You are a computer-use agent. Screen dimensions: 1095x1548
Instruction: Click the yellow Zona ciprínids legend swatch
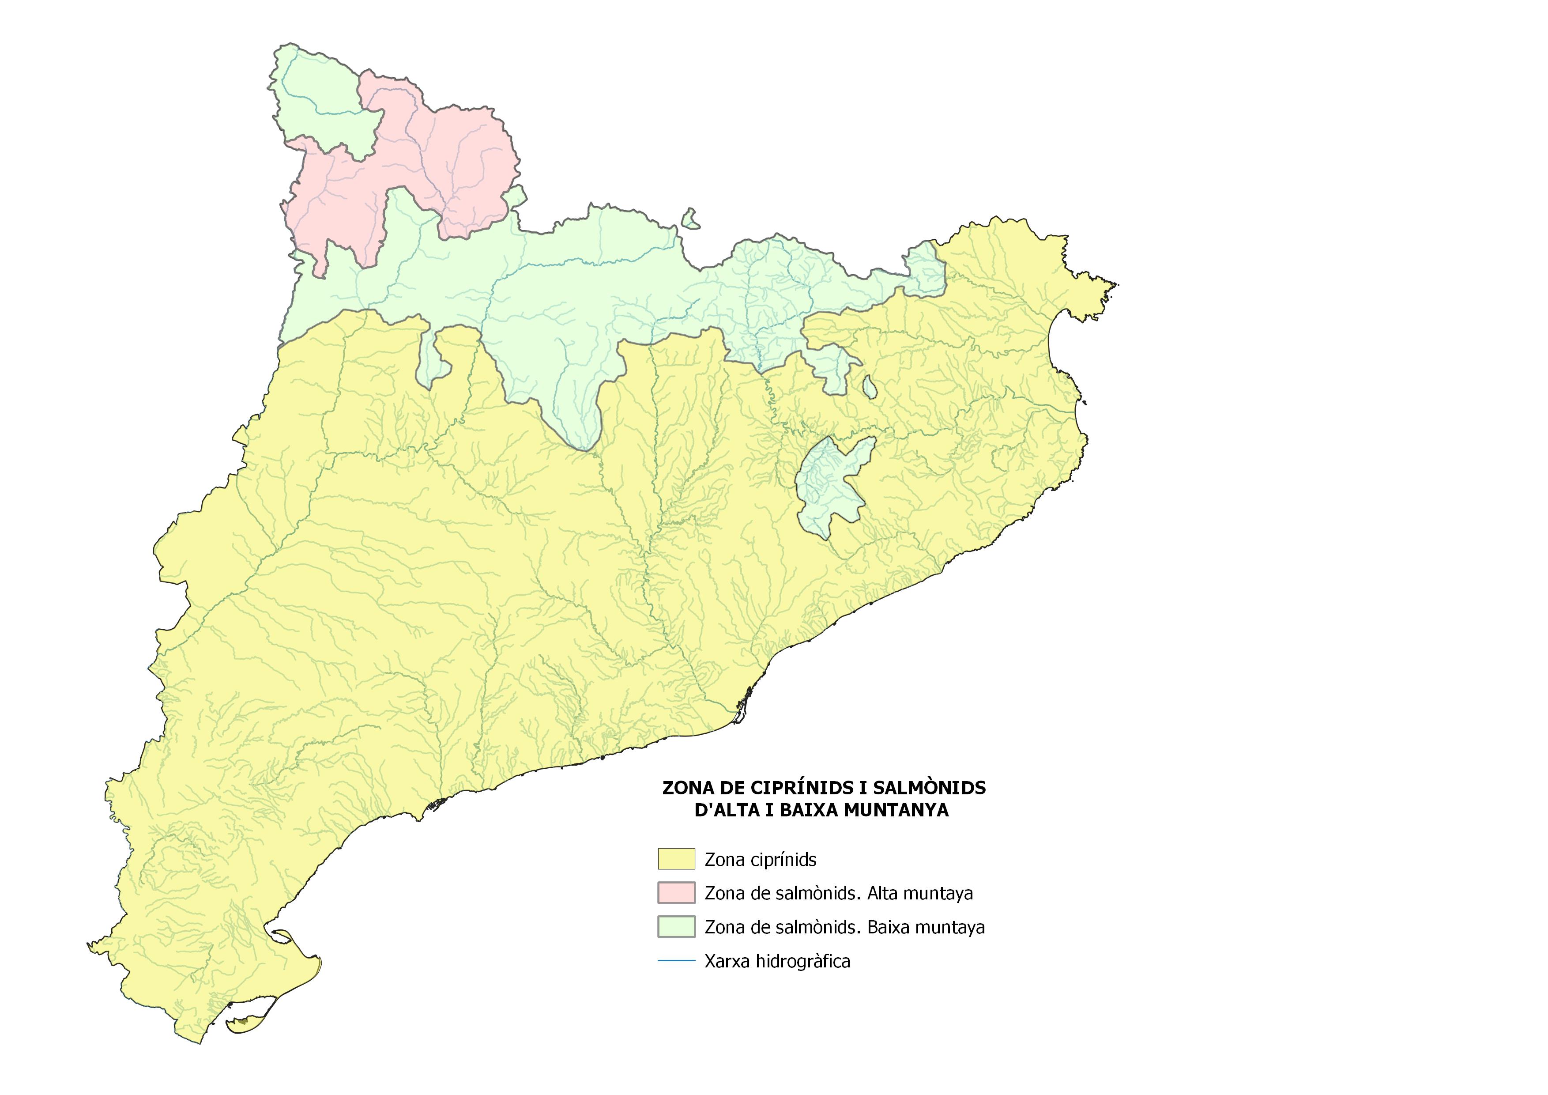pyautogui.click(x=676, y=859)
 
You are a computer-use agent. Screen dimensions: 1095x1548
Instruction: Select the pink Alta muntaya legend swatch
pyautogui.click(x=676, y=893)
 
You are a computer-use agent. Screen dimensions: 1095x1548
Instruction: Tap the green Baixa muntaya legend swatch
pyautogui.click(x=676, y=926)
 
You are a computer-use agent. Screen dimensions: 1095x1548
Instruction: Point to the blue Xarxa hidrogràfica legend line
pyautogui.click(x=676, y=961)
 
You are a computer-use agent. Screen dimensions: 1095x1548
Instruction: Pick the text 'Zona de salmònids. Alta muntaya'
pyautogui.click(x=838, y=893)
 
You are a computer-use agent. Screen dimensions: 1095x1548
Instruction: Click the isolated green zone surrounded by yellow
pyautogui.click(x=829, y=486)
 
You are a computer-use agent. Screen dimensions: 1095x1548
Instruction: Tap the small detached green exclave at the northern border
pyautogui.click(x=690, y=219)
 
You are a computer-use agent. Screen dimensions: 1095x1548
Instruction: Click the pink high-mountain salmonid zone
pyautogui.click(x=432, y=162)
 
